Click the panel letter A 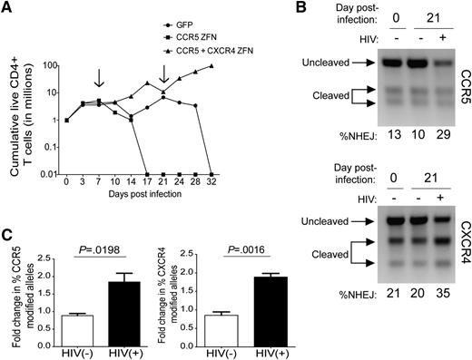point(7,8)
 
